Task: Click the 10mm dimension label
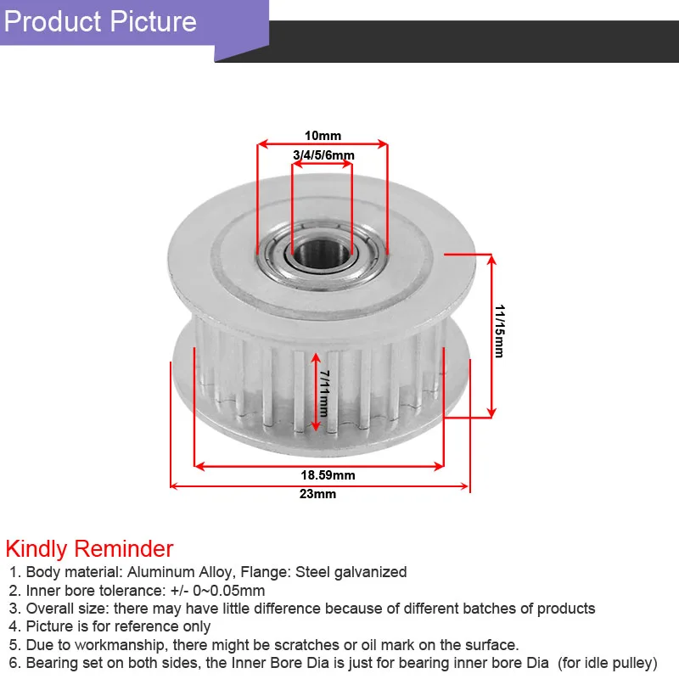pyautogui.click(x=322, y=135)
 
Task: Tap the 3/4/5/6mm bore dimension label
pyautogui.click(x=323, y=154)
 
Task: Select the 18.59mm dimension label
pyautogui.click(x=328, y=475)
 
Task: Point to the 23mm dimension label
pyautogui.click(x=319, y=495)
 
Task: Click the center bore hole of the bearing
pyautogui.click(x=320, y=251)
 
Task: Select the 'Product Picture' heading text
pyautogui.click(x=101, y=21)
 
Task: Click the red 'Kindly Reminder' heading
pyautogui.click(x=90, y=548)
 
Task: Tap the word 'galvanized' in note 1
pyautogui.click(x=370, y=572)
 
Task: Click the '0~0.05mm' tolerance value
pyautogui.click(x=230, y=591)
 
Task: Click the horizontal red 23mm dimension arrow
pyautogui.click(x=319, y=486)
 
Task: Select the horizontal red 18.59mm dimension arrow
pyautogui.click(x=319, y=465)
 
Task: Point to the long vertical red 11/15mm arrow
pyautogui.click(x=491, y=334)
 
